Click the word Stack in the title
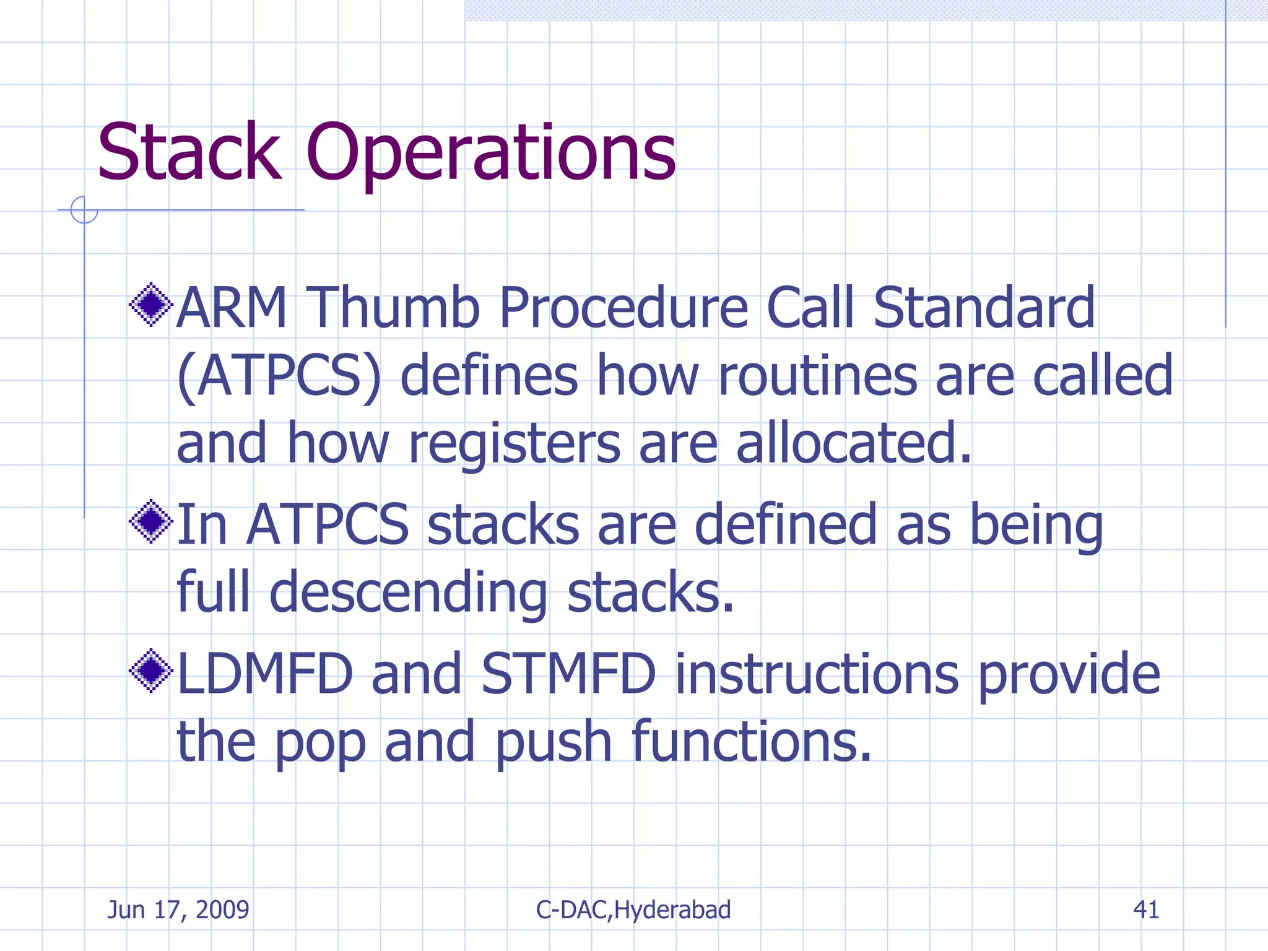click(x=189, y=152)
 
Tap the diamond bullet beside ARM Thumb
click(x=151, y=305)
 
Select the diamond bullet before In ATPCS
click(x=151, y=521)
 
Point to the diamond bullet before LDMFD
click(x=151, y=671)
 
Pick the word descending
click(x=408, y=593)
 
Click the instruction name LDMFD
click(x=265, y=674)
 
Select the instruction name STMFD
click(x=568, y=674)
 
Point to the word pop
click(x=320, y=742)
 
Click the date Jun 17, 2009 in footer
click(x=178, y=910)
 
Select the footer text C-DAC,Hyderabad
click(x=633, y=910)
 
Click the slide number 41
click(x=1146, y=910)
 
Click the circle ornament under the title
click(x=84, y=210)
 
